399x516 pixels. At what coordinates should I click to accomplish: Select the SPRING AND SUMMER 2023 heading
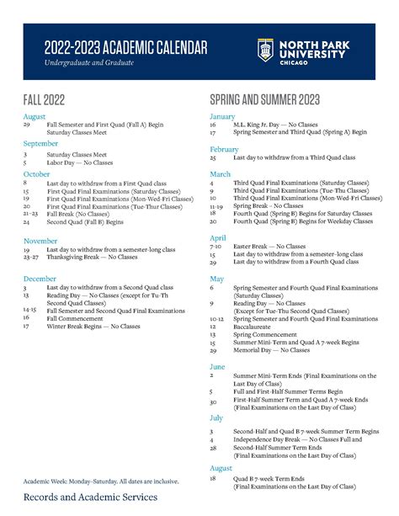[x=264, y=100]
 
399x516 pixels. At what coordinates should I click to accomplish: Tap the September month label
[x=40, y=144]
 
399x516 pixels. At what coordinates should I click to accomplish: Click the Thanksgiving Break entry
[x=92, y=258]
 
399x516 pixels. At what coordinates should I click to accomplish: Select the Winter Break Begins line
[x=93, y=326]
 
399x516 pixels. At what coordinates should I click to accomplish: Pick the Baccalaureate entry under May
[x=258, y=327]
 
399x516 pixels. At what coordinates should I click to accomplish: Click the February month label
[x=225, y=149]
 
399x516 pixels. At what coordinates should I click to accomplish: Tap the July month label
[x=216, y=418]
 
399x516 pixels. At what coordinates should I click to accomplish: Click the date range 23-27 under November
[x=30, y=258]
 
